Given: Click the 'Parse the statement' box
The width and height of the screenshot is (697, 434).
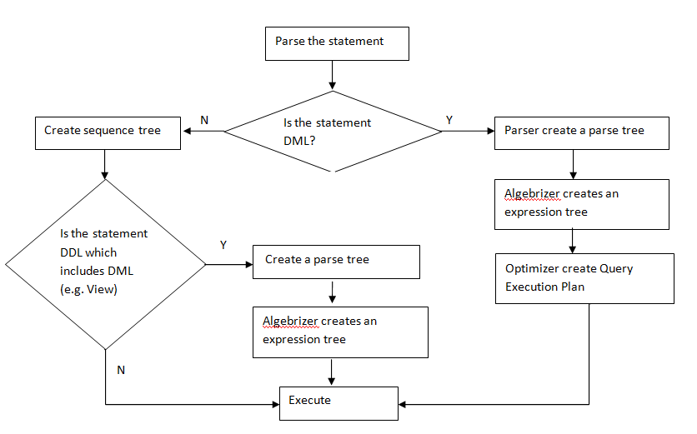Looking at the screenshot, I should tap(337, 42).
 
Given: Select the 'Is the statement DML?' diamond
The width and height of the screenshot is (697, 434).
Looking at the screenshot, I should tap(333, 132).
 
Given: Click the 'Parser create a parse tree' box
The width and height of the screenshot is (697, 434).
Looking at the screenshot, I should tap(580, 132).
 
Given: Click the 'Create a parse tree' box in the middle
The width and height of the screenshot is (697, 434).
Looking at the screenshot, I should tap(337, 261).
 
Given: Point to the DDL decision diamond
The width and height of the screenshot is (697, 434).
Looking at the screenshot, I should tap(105, 265).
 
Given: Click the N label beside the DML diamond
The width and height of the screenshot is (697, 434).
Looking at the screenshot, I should tap(204, 121).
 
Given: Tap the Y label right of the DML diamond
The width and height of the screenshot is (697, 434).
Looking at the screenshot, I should tap(449, 121).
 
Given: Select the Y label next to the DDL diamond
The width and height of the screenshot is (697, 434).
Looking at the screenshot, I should tap(223, 246).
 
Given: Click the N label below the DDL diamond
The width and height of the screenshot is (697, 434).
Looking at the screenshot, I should tap(121, 370).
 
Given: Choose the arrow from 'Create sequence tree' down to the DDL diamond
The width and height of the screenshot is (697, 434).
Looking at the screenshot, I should tap(105, 165).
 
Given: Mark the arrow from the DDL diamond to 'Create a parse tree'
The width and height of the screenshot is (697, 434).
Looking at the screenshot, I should tap(229, 265).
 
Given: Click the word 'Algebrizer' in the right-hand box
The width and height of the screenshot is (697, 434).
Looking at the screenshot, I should tap(532, 194).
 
